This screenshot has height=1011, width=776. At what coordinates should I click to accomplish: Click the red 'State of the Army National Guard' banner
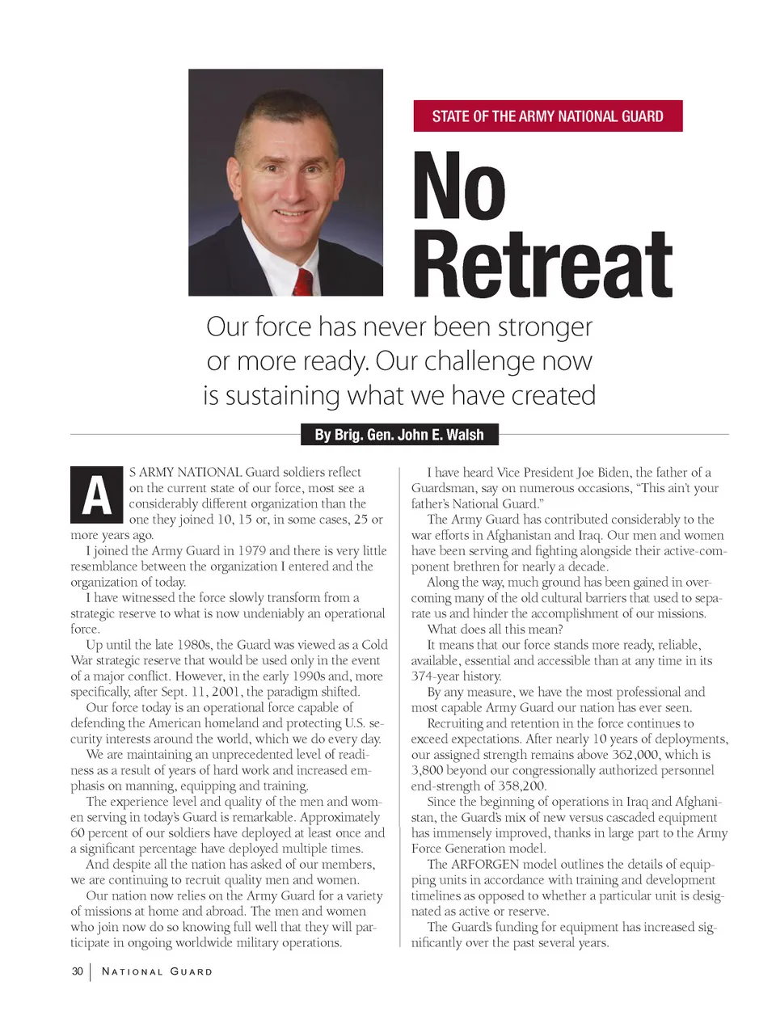point(547,116)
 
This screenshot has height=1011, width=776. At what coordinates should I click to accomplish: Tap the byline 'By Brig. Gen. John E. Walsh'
point(399,435)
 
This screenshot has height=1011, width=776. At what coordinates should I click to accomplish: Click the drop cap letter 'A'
point(96,495)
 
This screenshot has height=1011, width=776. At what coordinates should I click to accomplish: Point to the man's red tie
point(303,283)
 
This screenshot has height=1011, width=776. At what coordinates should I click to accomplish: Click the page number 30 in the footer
point(78,971)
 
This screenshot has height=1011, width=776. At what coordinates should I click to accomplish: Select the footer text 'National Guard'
point(157,971)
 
